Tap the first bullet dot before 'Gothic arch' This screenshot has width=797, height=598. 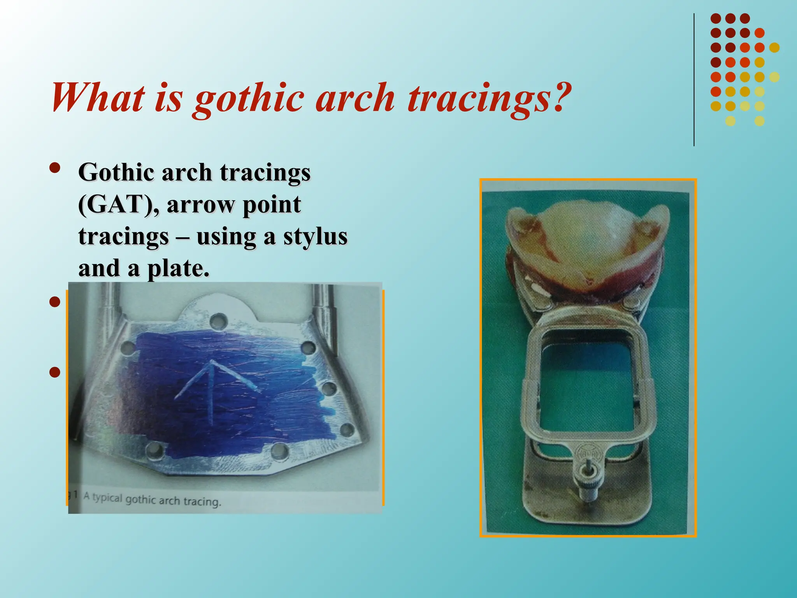(x=55, y=168)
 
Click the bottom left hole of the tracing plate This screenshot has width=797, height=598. (x=154, y=450)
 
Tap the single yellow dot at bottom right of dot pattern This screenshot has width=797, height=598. (x=759, y=121)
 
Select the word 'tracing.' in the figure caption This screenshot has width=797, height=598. (x=202, y=501)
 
